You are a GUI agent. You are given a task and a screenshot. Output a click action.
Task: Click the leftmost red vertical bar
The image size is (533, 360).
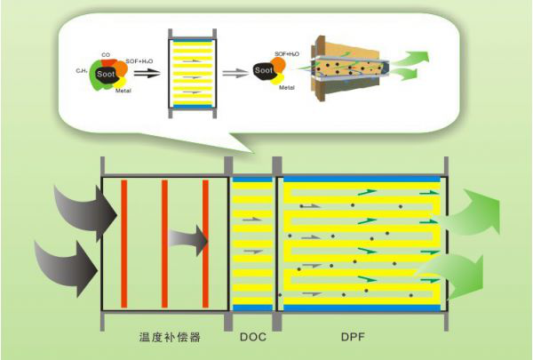click(123, 243)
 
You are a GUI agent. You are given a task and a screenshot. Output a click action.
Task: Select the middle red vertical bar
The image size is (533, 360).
click(164, 243)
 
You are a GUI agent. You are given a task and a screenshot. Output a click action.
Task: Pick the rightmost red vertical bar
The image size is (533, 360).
click(205, 243)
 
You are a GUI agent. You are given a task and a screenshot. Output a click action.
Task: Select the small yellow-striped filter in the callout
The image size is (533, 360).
click(193, 69)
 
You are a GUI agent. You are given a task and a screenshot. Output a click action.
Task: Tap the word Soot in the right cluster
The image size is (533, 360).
click(262, 68)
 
